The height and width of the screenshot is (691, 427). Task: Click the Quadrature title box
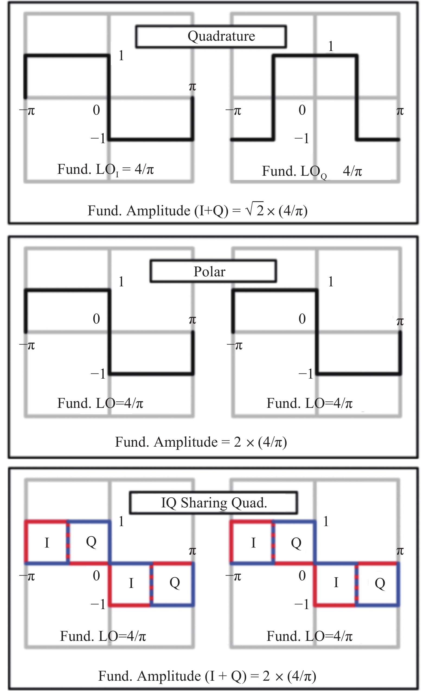tap(211, 36)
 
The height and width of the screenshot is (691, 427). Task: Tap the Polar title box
tap(213, 271)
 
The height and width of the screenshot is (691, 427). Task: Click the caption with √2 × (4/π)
tap(197, 211)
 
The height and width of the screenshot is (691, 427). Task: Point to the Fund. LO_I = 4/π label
tap(105, 170)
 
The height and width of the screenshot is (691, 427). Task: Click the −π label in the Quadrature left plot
tap(27, 111)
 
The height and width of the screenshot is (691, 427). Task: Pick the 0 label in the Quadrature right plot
tap(302, 110)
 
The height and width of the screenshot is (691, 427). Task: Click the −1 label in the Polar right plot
tap(306, 374)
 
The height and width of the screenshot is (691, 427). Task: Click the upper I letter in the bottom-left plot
tap(47, 543)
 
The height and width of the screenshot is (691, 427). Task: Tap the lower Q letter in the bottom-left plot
tap(175, 583)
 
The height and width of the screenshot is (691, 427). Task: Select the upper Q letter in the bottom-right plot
tap(296, 543)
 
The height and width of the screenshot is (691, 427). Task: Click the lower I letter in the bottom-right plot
tap(336, 583)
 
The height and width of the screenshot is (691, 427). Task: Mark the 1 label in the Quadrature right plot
tap(331, 46)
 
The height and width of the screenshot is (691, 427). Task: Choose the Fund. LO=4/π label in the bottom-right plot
tap(310, 636)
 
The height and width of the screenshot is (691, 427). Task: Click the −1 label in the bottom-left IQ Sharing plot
tap(98, 604)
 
